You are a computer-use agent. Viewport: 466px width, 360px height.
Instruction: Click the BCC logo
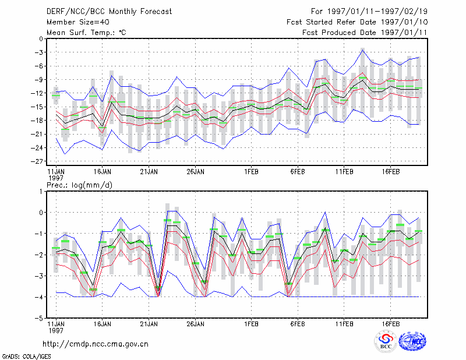point(386,342)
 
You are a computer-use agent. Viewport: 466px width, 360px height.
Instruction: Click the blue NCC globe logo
point(412,341)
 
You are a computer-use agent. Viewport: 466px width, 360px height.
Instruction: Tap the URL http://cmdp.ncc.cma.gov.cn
point(96,344)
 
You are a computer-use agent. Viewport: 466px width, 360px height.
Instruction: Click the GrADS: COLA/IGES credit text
point(26,357)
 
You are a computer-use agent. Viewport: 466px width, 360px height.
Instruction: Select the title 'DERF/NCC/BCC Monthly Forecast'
point(109,12)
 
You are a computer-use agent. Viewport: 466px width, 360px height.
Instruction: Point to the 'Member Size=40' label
point(78,22)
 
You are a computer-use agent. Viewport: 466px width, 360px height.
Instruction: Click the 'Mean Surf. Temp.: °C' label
point(86,33)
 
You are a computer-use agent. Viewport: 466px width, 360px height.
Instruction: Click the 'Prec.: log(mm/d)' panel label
point(79,185)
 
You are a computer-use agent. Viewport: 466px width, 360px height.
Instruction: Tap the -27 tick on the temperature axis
point(38,161)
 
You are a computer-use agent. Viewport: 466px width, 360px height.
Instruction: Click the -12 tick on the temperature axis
point(38,93)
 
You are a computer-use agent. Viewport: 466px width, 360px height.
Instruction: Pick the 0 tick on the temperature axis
point(41,38)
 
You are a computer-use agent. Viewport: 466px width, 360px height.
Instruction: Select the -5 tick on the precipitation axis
point(40,318)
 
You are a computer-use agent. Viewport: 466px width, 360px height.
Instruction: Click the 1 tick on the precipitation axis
point(41,191)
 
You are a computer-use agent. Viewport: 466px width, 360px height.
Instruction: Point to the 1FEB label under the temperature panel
point(251,172)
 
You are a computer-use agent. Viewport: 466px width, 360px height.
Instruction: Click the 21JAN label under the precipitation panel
point(149,324)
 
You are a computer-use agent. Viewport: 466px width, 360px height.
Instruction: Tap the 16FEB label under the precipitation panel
point(390,324)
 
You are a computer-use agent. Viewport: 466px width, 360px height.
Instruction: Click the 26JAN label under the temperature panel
point(195,172)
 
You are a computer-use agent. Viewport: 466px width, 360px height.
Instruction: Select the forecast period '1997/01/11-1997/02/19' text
point(377,12)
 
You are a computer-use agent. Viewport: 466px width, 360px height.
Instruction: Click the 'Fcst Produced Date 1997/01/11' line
point(365,33)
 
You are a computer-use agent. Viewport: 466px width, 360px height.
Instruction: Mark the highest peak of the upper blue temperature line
point(362,50)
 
